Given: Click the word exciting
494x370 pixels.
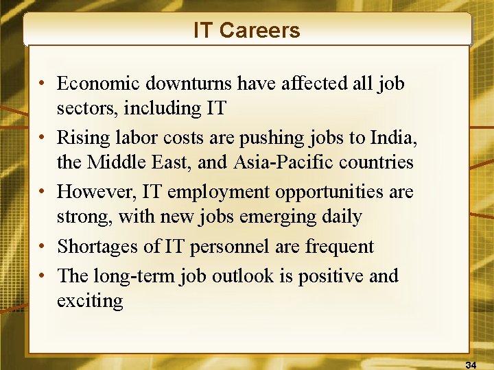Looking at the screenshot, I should pos(89,301).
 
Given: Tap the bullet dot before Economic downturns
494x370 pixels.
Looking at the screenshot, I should pos(43,84).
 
